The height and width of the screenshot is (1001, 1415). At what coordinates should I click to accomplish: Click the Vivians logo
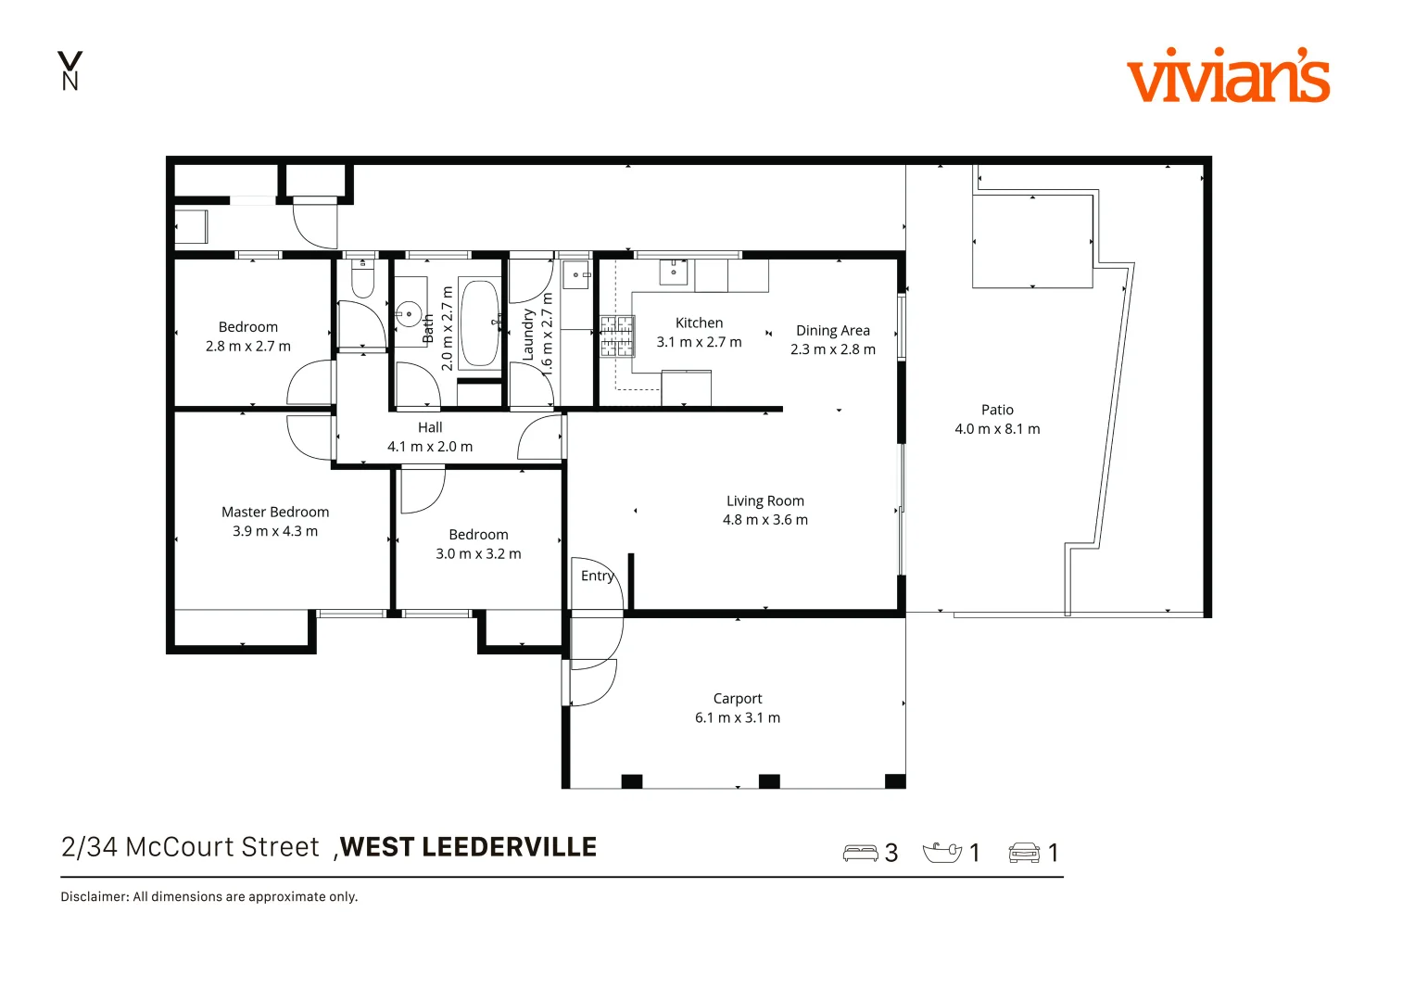pos(1228,76)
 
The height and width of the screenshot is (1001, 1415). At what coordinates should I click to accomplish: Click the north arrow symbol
pos(69,70)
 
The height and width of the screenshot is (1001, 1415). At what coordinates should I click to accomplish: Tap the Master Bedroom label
pos(275,512)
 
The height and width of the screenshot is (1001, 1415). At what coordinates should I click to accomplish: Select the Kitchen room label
pos(699,323)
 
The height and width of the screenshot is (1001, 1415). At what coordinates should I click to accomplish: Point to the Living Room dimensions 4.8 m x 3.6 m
pos(764,520)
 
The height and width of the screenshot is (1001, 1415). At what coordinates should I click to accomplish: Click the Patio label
pos(997,410)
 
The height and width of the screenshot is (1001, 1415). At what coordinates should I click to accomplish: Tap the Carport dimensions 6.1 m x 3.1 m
pos(738,717)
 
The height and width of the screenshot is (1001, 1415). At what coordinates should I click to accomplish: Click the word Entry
pos(597,576)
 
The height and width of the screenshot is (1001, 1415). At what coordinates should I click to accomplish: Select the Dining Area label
pos(832,331)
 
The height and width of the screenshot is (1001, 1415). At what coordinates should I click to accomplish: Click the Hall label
pos(430,427)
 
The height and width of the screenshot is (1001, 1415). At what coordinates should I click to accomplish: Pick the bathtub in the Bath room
pos(479,323)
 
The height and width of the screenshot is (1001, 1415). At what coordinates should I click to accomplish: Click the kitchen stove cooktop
pos(617,336)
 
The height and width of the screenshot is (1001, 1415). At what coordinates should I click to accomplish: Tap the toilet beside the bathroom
pos(362,279)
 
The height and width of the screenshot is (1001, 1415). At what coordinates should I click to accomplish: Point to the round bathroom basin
pos(409,314)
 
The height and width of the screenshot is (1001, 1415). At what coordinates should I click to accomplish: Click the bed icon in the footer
pos(860,853)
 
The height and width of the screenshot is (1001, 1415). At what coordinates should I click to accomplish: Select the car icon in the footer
pos(1024,853)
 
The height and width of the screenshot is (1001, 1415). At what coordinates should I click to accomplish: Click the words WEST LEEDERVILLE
pos(469,847)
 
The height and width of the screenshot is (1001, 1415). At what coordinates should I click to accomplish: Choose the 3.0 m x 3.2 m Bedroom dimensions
pos(478,554)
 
